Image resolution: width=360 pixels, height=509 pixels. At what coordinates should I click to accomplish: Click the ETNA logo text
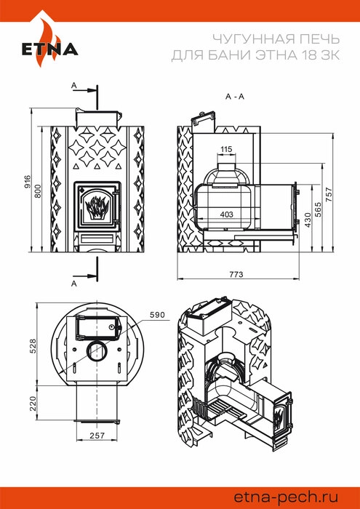49,49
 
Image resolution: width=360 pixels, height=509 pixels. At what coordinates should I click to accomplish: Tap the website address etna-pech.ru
286,497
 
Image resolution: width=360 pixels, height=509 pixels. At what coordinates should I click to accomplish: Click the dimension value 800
39,191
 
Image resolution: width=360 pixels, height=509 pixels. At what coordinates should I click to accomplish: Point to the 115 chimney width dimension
226,149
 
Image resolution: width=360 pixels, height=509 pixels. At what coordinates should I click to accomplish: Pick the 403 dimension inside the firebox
227,214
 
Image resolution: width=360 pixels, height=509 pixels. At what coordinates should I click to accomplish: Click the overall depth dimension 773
236,274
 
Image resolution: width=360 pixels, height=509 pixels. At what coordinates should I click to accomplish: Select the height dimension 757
329,194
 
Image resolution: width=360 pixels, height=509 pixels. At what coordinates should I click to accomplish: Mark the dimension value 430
308,220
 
